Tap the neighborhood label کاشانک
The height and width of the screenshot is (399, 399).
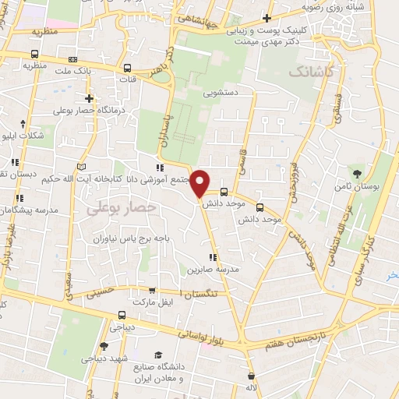point(315,72)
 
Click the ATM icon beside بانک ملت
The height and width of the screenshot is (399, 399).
point(73,59)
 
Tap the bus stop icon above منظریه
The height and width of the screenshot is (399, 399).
point(34,54)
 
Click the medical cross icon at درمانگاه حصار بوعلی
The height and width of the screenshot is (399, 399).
point(90,98)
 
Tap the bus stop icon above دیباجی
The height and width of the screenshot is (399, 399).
point(121,316)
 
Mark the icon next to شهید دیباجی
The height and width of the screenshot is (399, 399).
point(104,345)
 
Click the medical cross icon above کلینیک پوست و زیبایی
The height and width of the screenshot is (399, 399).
point(267,17)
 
